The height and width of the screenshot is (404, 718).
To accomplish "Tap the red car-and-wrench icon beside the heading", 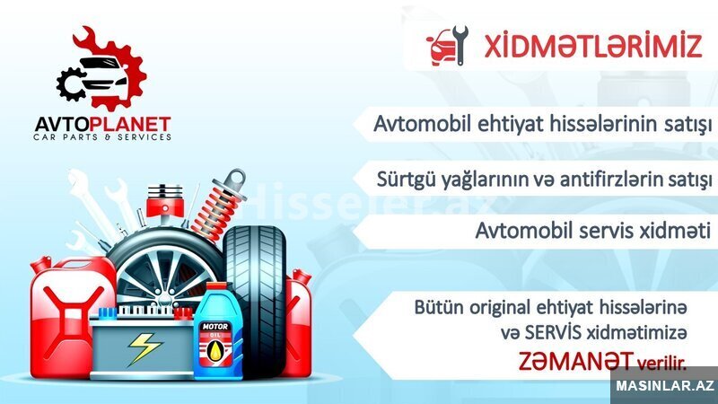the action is (x=447, y=46).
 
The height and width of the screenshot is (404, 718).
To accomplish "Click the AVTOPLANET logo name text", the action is (x=102, y=125).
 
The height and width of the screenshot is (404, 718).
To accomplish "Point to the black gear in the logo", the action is (x=71, y=84).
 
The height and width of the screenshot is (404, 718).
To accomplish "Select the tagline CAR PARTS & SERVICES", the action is (x=102, y=137).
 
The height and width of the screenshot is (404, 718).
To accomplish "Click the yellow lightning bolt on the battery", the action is (x=144, y=349).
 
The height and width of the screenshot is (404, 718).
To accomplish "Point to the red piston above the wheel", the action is (x=165, y=204).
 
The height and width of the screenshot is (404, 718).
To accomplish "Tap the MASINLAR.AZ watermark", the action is (x=665, y=386).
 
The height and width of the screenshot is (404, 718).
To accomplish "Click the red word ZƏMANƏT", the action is (x=576, y=361).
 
